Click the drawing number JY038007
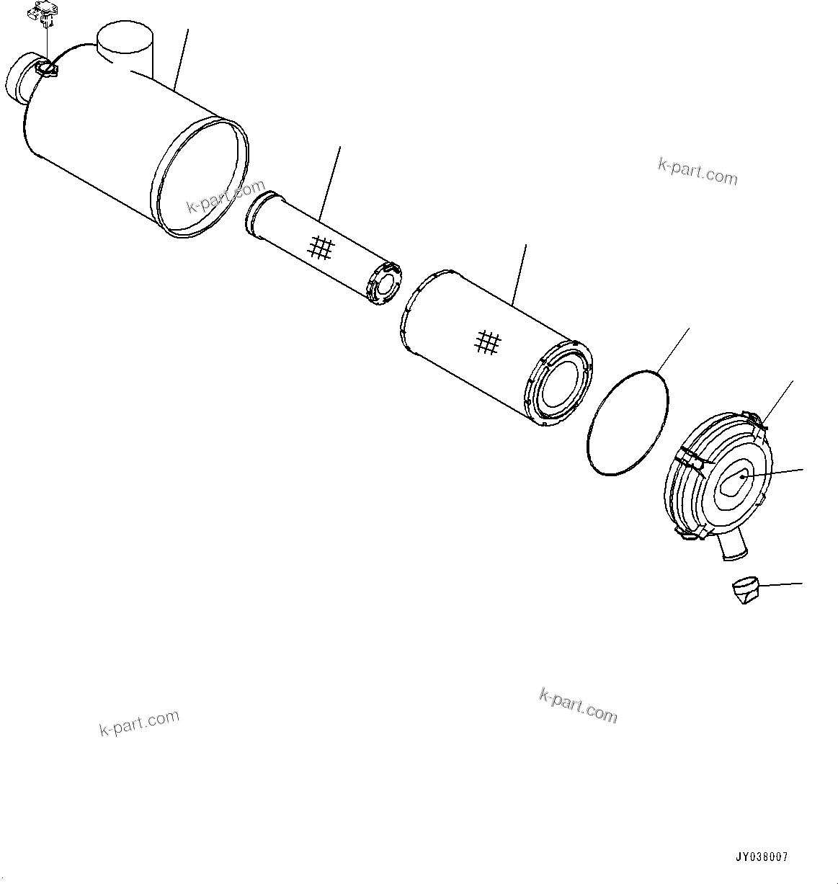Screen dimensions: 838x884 (762, 857)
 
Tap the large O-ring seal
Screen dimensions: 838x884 (628, 423)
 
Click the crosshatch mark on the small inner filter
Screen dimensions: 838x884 (321, 248)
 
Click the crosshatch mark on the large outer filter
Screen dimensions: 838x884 (488, 343)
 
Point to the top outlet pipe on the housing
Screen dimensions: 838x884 (125, 50)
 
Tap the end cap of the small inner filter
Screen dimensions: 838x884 (384, 283)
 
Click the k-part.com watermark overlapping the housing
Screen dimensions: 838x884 (226, 196)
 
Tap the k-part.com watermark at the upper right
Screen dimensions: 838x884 (697, 171)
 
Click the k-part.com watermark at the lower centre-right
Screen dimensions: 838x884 (578, 706)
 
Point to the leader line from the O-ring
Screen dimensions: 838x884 (673, 350)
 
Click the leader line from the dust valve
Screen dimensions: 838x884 (780, 584)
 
